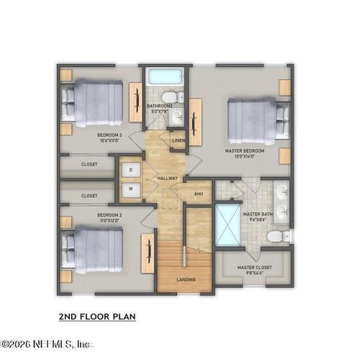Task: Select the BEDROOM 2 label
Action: click(x=109, y=215)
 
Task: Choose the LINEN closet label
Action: click(x=179, y=140)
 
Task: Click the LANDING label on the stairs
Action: click(x=186, y=279)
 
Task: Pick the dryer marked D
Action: click(x=131, y=170)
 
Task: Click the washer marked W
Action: click(x=131, y=190)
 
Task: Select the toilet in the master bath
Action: click(x=276, y=236)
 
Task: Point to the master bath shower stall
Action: click(x=229, y=225)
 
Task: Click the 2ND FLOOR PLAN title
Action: click(x=96, y=316)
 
